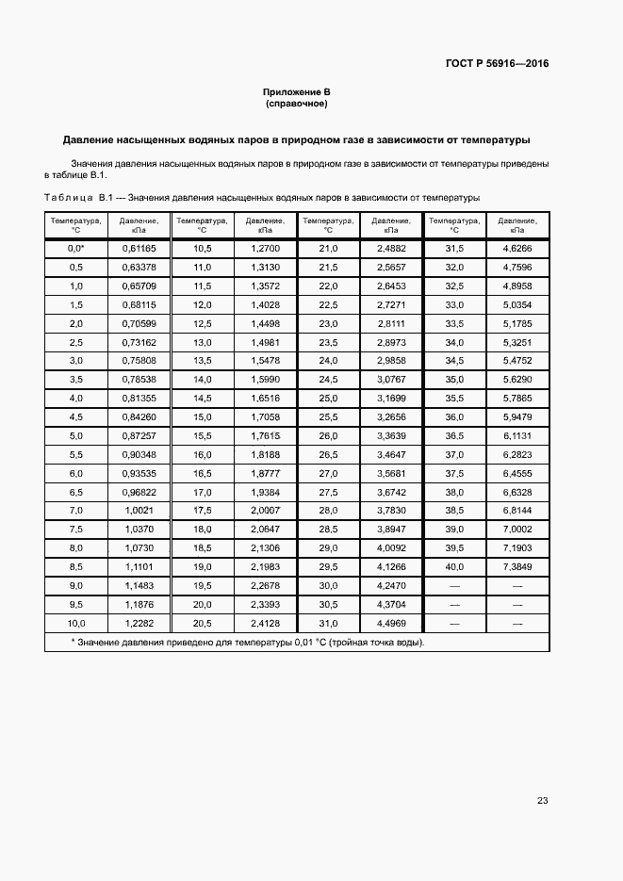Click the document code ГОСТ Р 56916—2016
(x=497, y=64)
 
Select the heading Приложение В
(x=296, y=91)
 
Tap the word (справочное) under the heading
(x=296, y=104)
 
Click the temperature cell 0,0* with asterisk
(x=76, y=248)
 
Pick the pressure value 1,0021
(x=139, y=510)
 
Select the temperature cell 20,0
(x=202, y=604)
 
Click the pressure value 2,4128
(x=265, y=623)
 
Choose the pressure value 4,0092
(x=391, y=547)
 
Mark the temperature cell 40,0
(x=454, y=566)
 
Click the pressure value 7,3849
(x=517, y=566)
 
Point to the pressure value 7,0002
(x=517, y=529)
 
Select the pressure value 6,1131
(x=517, y=435)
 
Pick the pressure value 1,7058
(x=265, y=416)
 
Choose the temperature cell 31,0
(x=328, y=623)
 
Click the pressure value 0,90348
(x=139, y=454)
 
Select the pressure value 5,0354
(x=517, y=304)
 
